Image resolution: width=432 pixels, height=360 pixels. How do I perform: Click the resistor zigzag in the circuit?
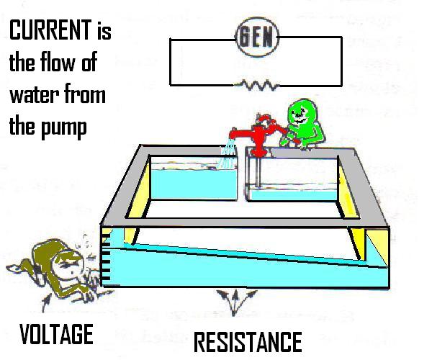255,86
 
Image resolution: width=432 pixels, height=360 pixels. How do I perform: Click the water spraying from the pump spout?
229,153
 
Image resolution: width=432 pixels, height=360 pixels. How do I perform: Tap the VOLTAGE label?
57,333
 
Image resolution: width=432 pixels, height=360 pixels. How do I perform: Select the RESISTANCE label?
248,341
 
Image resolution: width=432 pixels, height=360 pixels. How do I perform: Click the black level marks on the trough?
107,263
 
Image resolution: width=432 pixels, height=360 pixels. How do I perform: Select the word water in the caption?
30,95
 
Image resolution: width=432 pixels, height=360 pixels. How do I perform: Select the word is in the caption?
104,32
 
